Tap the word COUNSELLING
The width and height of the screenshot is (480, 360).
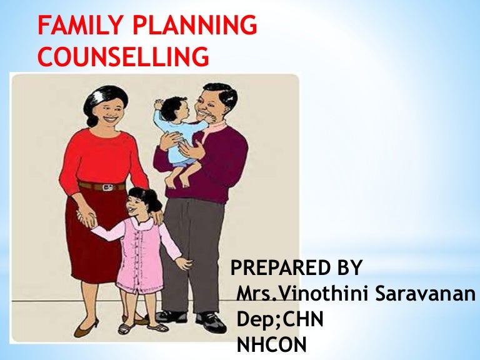click(123, 57)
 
